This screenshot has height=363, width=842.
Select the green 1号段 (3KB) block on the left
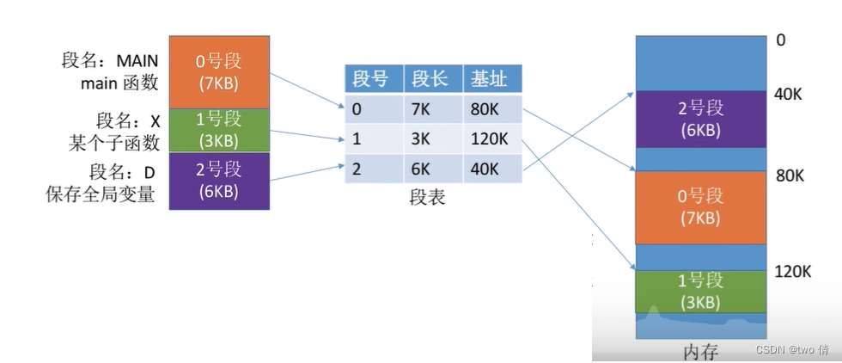tap(219, 129)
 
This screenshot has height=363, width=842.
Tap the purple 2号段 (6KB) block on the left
tap(219, 180)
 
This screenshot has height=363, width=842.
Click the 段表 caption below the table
tap(428, 197)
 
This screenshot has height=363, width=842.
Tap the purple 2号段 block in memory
tap(699, 119)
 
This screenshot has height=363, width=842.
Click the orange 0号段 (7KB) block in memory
tap(699, 207)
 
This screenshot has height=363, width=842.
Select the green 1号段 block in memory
tap(699, 291)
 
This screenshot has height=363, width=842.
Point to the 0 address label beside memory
tap(780, 40)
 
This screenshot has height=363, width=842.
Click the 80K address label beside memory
tap(788, 175)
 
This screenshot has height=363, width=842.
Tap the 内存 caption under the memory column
tap(699, 352)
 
